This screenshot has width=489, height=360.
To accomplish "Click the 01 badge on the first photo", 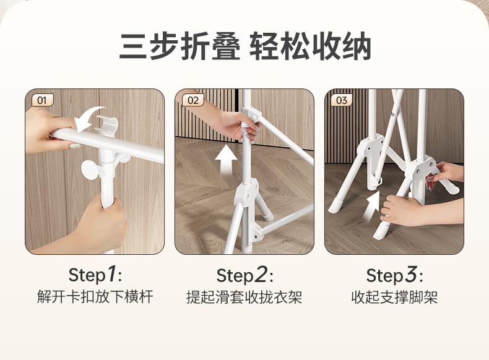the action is (43, 100).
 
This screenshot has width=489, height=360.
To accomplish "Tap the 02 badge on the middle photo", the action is (193, 100).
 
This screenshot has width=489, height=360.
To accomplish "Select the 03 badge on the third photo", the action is (342, 100).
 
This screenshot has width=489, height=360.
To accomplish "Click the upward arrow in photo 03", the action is (373, 206).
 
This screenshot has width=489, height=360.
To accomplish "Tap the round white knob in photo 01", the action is (90, 169).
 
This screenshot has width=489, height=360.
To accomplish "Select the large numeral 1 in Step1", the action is (111, 274).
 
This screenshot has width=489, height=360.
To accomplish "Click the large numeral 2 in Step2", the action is (261, 275).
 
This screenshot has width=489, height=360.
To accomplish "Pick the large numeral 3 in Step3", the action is (411, 275).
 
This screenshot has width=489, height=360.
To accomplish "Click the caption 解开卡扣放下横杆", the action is (95, 297).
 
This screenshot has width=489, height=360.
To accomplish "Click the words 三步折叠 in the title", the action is (180, 46).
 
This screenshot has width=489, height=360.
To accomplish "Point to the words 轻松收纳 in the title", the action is (310, 46).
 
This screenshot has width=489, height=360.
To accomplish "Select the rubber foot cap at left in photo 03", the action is (336, 206).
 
